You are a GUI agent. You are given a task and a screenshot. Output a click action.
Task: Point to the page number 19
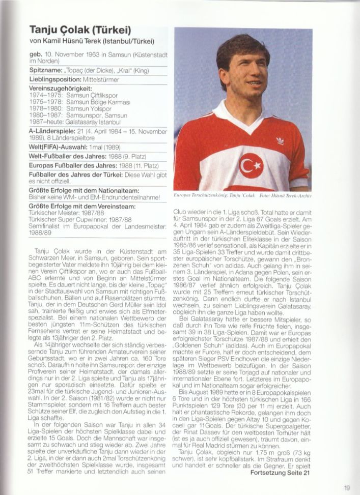pyautogui.click(x=347, y=487)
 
